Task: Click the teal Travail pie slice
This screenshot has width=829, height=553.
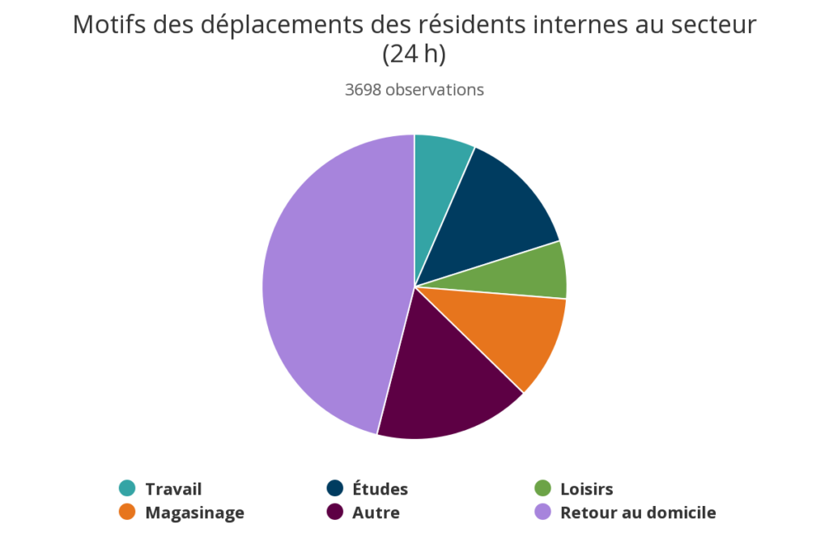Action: point(439,178)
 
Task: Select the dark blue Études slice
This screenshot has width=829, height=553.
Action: point(494,215)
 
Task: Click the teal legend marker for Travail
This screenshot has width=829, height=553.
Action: point(127,488)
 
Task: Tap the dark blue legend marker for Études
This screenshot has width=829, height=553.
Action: point(334,488)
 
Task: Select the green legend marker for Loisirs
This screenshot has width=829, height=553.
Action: point(542,488)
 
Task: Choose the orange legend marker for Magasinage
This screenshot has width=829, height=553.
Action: point(127,512)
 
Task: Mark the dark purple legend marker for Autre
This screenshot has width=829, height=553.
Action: point(334,512)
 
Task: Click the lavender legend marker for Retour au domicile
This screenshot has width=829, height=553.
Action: point(542,512)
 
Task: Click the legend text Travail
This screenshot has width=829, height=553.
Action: point(173,489)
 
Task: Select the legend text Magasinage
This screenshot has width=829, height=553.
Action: point(194,513)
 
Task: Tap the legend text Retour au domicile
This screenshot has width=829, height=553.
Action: point(638,513)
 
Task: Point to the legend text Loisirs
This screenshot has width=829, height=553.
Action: point(586,489)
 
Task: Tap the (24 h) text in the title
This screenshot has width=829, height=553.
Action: point(414,54)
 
